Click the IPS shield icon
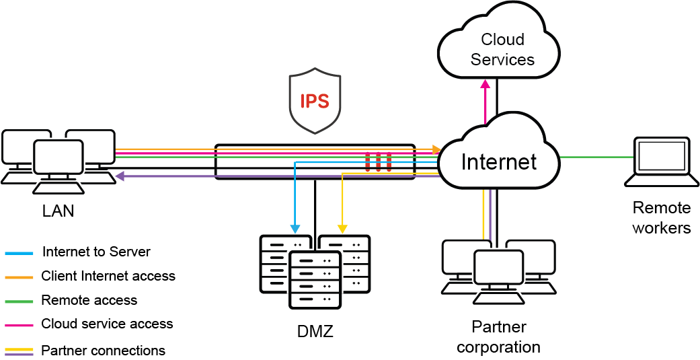(314, 102)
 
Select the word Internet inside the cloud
(499, 161)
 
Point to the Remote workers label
(662, 217)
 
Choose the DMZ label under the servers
(315, 330)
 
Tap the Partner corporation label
(498, 337)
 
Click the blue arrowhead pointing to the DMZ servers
(294, 227)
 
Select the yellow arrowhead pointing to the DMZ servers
(342, 227)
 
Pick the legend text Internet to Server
(96, 252)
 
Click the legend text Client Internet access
(108, 276)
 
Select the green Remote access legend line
(19, 300)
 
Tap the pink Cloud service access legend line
(19, 324)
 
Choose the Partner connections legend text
(103, 351)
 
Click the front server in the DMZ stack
(315, 279)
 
